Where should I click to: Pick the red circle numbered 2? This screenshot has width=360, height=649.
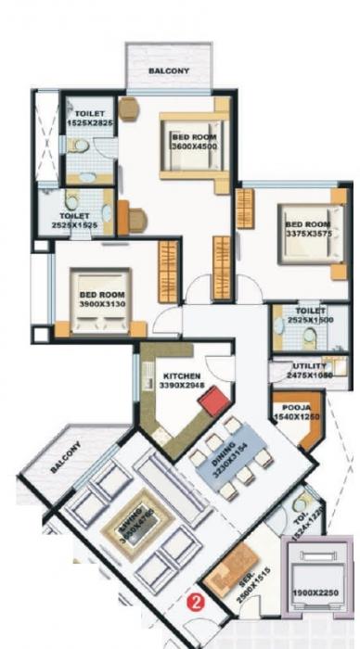[x=195, y=601]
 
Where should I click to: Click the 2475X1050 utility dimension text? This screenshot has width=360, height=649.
[x=308, y=377]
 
